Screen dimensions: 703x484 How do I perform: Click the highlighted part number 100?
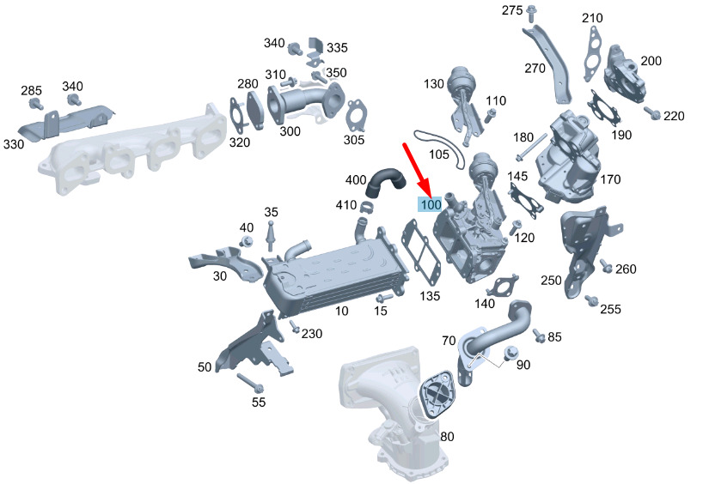pyautogui.click(x=431, y=204)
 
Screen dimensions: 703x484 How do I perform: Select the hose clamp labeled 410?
pyautogui.click(x=368, y=208)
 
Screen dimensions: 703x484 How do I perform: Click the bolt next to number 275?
pyautogui.click(x=531, y=14)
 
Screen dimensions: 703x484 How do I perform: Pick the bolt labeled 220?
pyautogui.click(x=652, y=113)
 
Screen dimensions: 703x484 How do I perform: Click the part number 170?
pyautogui.click(x=610, y=179)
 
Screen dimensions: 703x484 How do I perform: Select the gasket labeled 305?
pyautogui.click(x=357, y=116)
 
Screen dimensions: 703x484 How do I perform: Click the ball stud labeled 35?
pyautogui.click(x=270, y=235)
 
